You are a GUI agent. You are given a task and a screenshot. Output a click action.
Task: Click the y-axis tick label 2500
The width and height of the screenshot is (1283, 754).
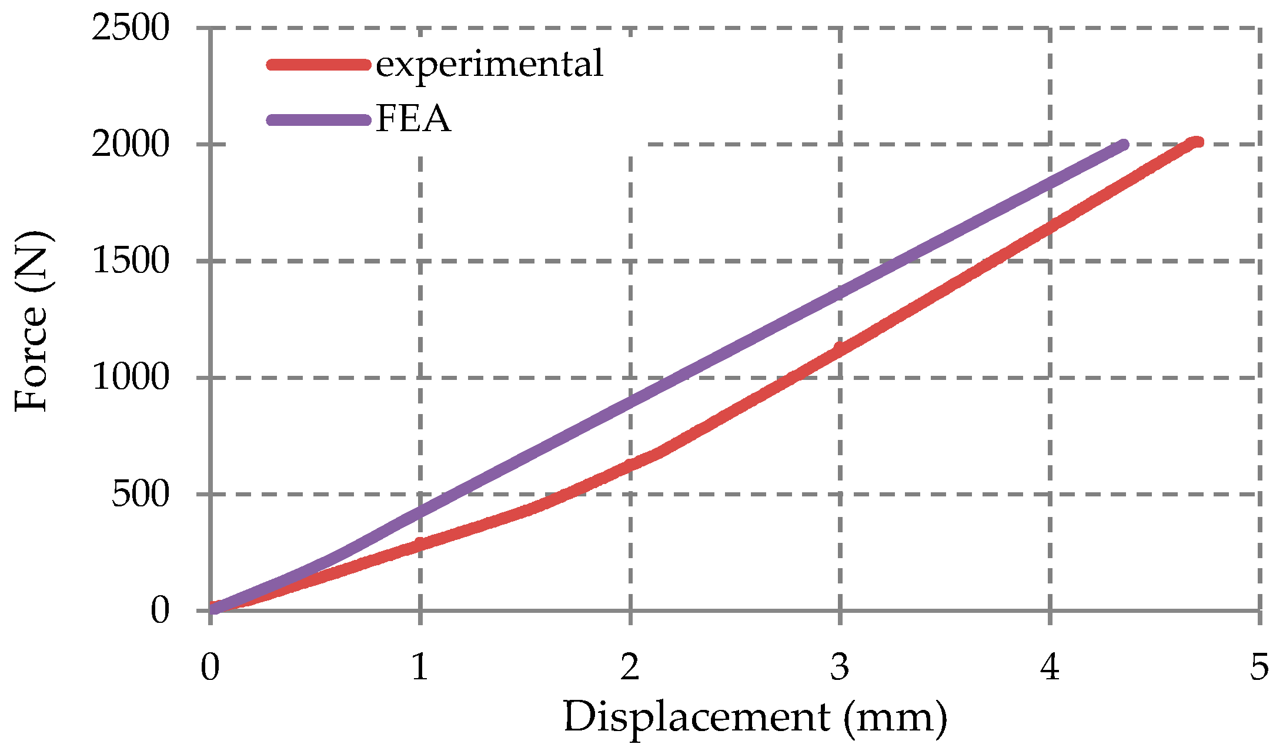click(131, 28)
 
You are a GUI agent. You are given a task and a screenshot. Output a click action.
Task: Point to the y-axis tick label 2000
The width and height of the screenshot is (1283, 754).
click(131, 144)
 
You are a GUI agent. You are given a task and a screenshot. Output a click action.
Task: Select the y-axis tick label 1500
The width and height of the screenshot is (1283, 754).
click(131, 261)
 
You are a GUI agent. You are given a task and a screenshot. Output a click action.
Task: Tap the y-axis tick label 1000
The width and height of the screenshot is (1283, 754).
click(131, 377)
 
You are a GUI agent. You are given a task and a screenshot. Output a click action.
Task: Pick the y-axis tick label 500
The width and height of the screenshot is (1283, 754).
click(140, 493)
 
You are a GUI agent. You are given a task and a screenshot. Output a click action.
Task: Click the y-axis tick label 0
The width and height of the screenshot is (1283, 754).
click(159, 610)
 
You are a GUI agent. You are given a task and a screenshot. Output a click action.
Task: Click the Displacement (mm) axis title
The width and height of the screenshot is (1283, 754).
click(755, 718)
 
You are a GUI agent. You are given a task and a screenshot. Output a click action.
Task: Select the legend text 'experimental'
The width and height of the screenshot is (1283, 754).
click(489, 64)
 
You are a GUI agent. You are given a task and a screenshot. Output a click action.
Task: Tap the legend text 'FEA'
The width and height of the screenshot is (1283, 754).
click(413, 119)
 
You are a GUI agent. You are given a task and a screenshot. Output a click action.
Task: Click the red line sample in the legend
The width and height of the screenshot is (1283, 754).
click(318, 64)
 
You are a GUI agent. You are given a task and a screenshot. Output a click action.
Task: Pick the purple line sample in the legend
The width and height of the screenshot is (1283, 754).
click(318, 120)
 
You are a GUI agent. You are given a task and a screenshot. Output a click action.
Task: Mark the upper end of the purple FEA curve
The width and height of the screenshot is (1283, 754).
click(1123, 145)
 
